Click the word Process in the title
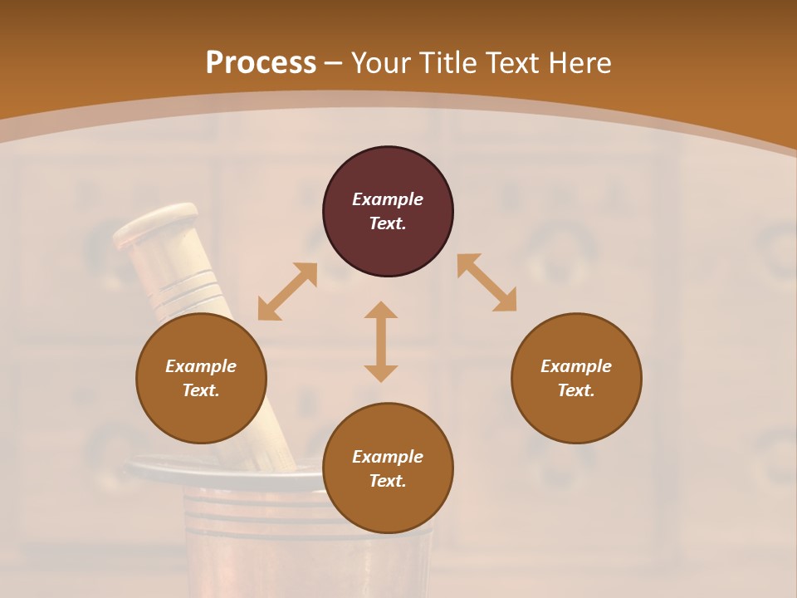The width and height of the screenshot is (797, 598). click(261, 63)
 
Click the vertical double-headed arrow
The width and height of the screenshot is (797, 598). click(381, 341)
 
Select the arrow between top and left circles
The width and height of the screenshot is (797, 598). click(287, 292)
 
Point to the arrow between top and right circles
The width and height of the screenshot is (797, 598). click(487, 282)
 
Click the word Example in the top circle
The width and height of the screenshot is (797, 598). click(388, 199)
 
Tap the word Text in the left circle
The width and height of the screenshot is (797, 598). click(201, 390)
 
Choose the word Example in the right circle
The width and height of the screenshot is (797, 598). click(576, 366)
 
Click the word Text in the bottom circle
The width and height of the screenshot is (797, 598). click(388, 481)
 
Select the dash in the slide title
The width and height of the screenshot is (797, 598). click(334, 63)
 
